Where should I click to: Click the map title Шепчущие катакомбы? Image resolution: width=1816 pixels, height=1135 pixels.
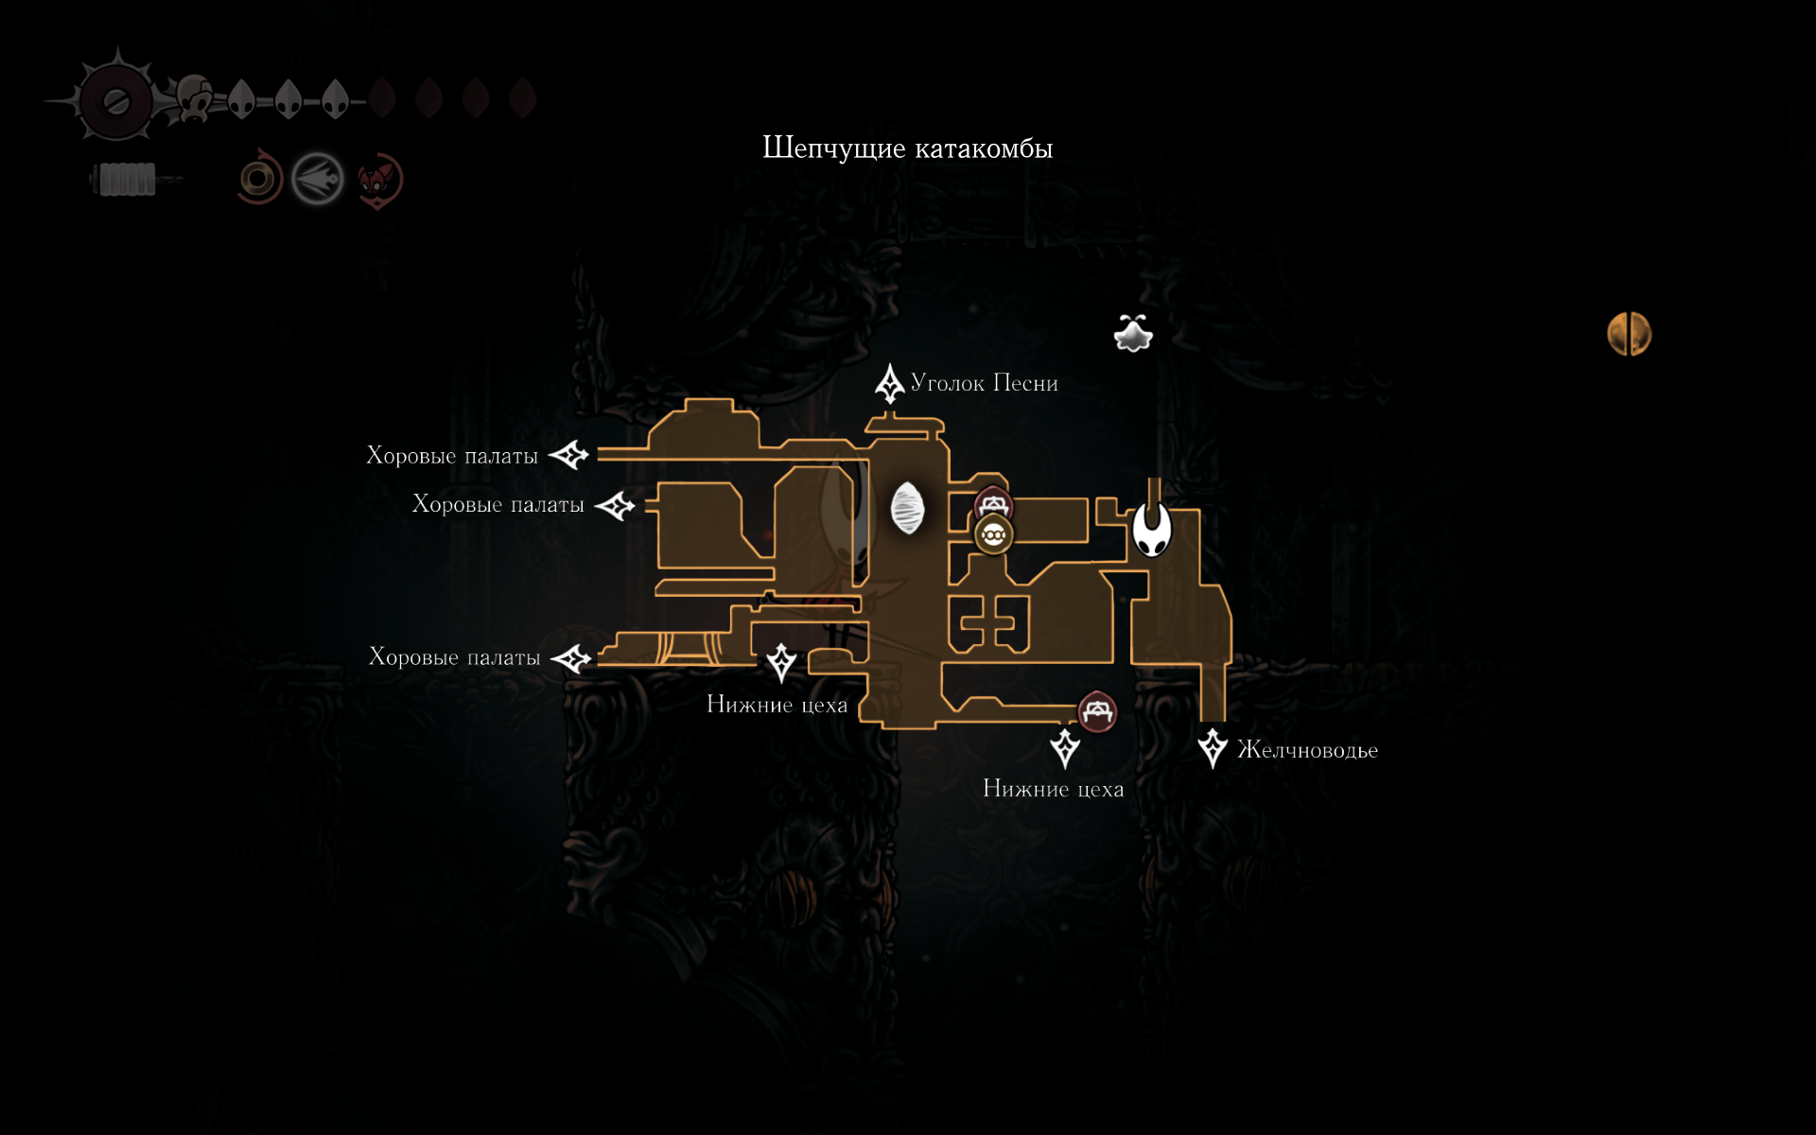point(907,148)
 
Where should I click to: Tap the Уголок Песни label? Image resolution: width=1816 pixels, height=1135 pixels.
point(984,383)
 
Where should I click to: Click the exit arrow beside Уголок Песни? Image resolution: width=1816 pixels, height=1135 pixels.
point(889,383)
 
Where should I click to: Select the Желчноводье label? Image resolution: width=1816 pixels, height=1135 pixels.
point(1307,750)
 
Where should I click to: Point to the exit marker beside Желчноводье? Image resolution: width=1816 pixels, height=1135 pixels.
point(1212,748)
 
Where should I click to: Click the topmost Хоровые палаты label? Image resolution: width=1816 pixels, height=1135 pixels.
point(452,456)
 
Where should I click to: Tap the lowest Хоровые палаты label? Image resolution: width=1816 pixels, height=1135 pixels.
point(454,657)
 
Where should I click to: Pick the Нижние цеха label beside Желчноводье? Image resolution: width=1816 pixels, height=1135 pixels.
point(1053,789)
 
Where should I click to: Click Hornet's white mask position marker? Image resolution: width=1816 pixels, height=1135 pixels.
point(1152,530)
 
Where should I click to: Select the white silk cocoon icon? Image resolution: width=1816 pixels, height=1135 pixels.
point(907,508)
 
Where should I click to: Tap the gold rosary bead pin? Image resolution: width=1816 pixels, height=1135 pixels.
point(993,535)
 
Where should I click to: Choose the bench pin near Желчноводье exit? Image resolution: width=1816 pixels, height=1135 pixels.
point(1097,711)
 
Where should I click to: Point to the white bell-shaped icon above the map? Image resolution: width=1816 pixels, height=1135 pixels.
point(1132,334)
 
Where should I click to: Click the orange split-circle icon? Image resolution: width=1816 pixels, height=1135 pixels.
point(1629,334)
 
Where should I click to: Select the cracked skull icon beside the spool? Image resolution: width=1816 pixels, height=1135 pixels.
point(196,97)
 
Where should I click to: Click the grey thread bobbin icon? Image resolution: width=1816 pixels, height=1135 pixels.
point(127,179)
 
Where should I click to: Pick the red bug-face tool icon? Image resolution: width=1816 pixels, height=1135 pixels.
point(380,180)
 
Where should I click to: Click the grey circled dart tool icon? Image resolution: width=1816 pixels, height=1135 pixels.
point(317,179)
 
